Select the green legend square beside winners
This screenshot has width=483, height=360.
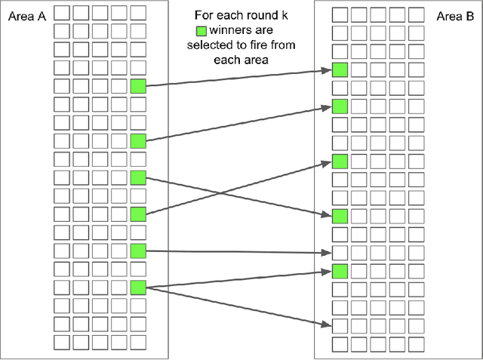[x=202, y=32]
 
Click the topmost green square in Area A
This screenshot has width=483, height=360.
[x=137, y=86]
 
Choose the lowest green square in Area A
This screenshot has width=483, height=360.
[x=137, y=287]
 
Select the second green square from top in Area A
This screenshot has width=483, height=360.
[x=137, y=140]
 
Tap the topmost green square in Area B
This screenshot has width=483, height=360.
[x=340, y=70]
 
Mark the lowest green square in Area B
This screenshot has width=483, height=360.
[x=340, y=271]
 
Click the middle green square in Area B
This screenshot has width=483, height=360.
[x=340, y=161]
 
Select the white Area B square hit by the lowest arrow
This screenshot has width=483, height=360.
[x=340, y=325]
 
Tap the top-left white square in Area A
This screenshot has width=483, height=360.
[x=63, y=13]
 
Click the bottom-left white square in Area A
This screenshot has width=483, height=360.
[x=63, y=341]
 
